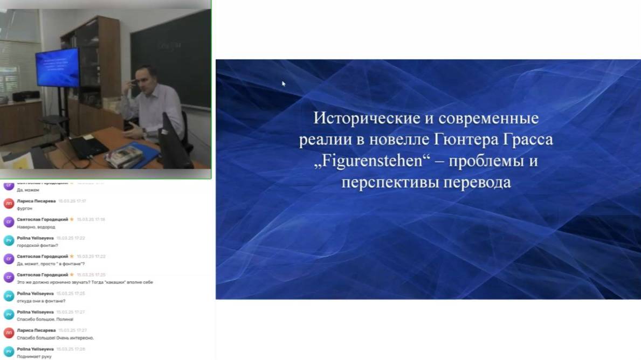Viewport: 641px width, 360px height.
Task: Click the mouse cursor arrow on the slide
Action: pyautogui.click(x=284, y=84)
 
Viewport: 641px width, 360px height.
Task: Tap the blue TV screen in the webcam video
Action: pyautogui.click(x=57, y=67)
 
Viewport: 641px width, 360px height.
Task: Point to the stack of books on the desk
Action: pyautogui.click(x=123, y=157)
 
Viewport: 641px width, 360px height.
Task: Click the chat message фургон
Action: pyautogui.click(x=25, y=209)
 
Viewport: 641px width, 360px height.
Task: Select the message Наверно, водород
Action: pyautogui.click(x=36, y=227)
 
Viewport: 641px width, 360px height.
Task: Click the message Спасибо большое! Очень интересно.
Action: pyautogui.click(x=55, y=338)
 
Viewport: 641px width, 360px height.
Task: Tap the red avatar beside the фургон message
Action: pyautogui.click(x=9, y=204)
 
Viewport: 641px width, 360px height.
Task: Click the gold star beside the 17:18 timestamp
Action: pyautogui.click(x=72, y=219)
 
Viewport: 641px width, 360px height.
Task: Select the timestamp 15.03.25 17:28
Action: pyautogui.click(x=71, y=349)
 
